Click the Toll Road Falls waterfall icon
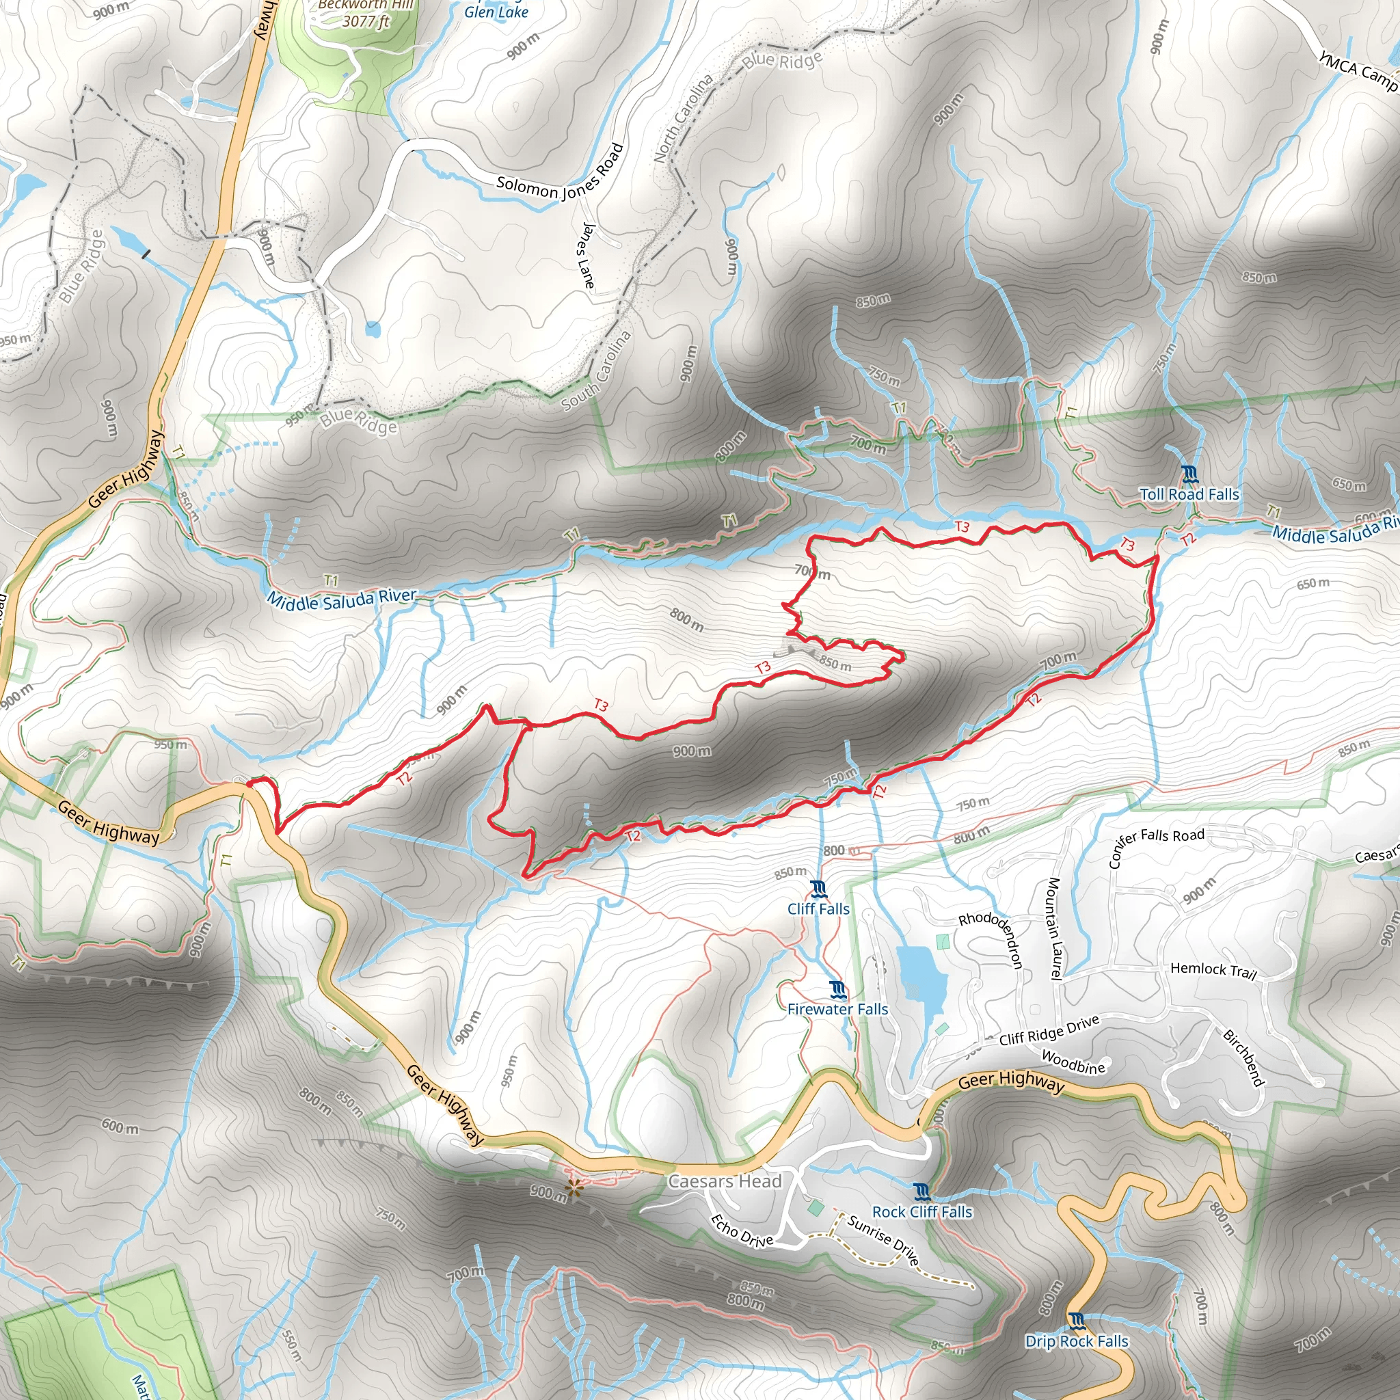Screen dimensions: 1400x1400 [x=1189, y=474]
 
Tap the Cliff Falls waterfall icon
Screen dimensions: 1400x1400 [x=819, y=889]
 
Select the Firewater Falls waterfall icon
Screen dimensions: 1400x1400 [x=838, y=989]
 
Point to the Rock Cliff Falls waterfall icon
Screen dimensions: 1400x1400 [x=921, y=1192]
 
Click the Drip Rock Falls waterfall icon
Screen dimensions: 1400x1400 [x=1077, y=1322]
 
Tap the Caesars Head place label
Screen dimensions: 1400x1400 [x=725, y=1182]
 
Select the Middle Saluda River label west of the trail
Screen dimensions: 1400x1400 [x=341, y=599]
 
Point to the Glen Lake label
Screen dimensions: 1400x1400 [x=496, y=12]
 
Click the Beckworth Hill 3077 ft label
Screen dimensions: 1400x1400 [x=366, y=13]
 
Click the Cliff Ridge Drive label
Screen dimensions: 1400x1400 [x=1049, y=1030]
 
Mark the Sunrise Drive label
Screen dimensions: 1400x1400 [x=884, y=1239]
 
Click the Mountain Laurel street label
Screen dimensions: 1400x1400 [x=1054, y=929]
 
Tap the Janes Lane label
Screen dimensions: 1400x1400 [x=587, y=255]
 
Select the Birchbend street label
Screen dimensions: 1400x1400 [x=1243, y=1058]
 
